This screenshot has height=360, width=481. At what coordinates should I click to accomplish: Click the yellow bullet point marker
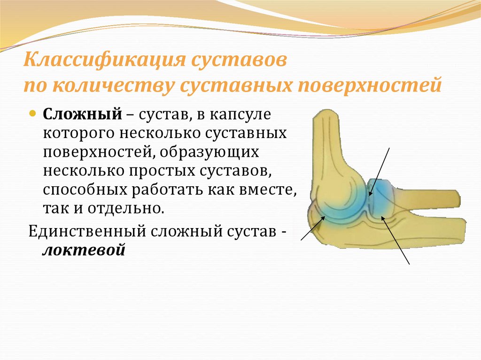[x=33, y=115]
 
